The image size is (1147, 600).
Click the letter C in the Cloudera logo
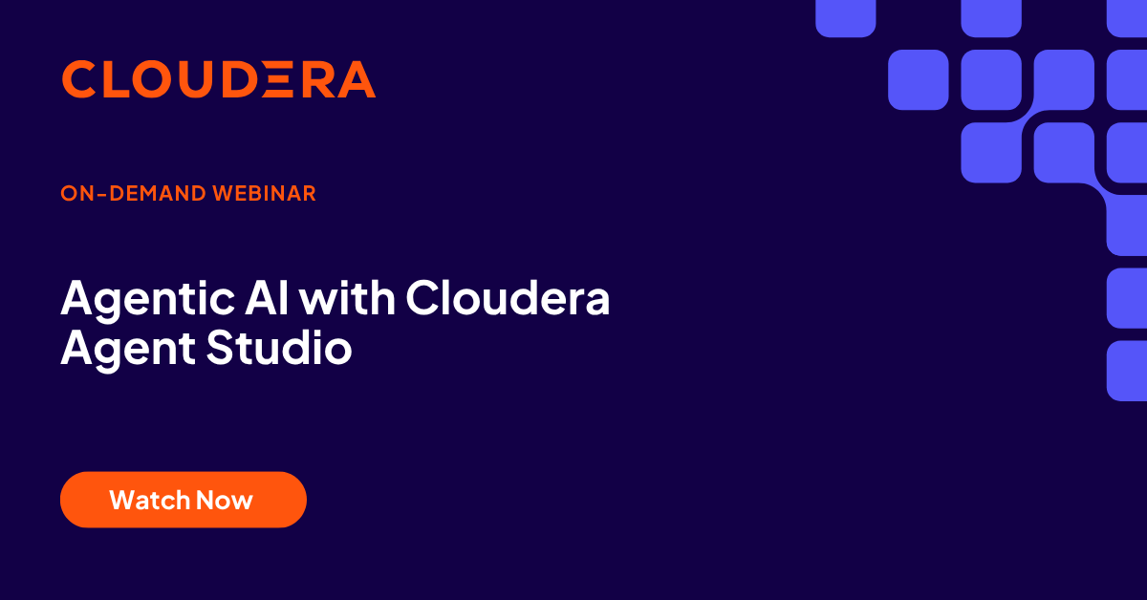coord(80,79)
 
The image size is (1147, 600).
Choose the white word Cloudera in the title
coord(508,300)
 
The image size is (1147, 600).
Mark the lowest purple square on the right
coord(1127,371)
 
